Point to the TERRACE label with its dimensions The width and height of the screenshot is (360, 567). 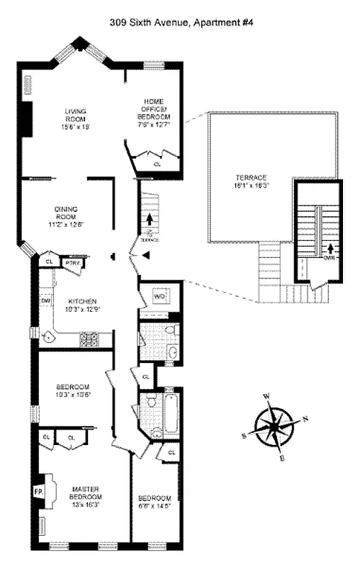click(252, 181)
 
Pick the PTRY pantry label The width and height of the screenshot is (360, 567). click(72, 263)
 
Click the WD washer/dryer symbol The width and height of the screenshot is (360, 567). click(159, 296)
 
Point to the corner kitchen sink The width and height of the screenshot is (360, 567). click(48, 338)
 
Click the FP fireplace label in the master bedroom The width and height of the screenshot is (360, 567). click(38, 490)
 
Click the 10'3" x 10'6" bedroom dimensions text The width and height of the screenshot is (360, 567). click(74, 395)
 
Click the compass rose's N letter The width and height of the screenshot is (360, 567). click(305, 418)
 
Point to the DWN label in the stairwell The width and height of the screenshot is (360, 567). click(328, 258)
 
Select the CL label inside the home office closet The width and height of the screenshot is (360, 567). click(157, 164)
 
